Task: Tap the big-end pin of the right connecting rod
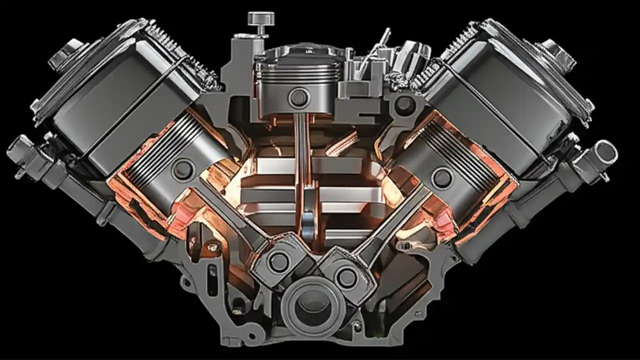[x=346, y=275]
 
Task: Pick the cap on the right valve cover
[x=554, y=51]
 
